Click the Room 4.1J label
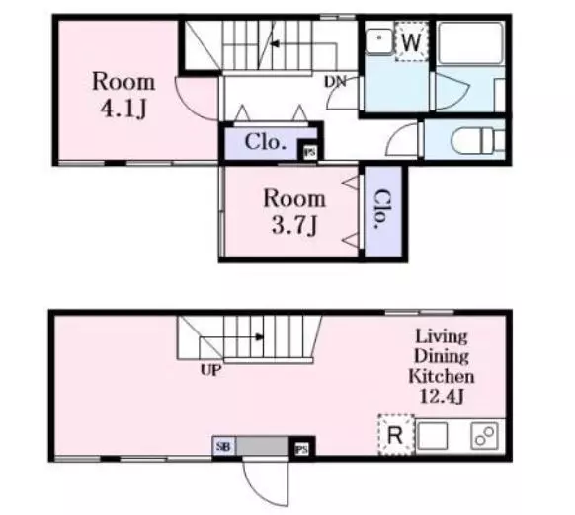click(123, 95)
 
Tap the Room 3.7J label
click(294, 212)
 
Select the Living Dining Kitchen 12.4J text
click(442, 366)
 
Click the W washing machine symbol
click(411, 41)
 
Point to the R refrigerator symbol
click(396, 435)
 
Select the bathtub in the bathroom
click(470, 42)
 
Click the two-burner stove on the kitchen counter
click(484, 436)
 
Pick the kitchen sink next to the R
click(433, 436)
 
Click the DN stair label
click(335, 82)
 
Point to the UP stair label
click(210, 370)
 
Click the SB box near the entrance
click(223, 447)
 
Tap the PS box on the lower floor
click(301, 449)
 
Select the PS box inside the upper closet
click(310, 152)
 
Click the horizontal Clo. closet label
click(265, 142)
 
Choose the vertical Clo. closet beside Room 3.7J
click(383, 212)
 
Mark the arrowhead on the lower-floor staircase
click(260, 337)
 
